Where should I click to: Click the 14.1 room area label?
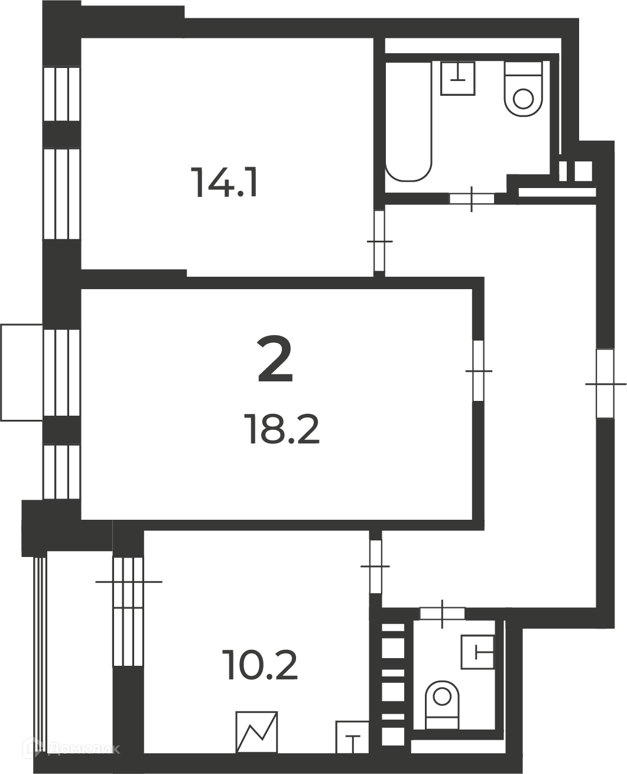(x=226, y=183)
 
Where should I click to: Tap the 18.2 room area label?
(x=282, y=429)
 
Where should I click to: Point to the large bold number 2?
(x=275, y=359)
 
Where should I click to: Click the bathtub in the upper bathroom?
(x=409, y=121)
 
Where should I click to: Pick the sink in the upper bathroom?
(x=458, y=78)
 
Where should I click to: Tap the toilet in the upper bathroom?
(x=523, y=89)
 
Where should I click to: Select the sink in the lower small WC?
(x=477, y=653)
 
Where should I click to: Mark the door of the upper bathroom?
(x=472, y=199)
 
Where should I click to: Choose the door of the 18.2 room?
(x=479, y=371)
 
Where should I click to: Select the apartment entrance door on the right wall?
(x=605, y=384)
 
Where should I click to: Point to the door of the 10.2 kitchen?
(x=376, y=566)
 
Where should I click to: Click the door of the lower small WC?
(x=442, y=613)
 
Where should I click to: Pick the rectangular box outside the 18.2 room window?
(x=22, y=373)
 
